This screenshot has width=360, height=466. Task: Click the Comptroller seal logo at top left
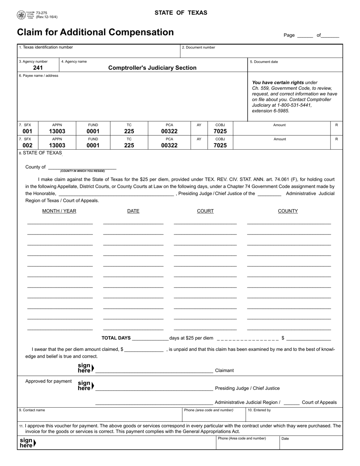pyautogui.click(x=21, y=15)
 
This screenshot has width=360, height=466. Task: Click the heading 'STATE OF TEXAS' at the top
pyautogui.click(x=181, y=13)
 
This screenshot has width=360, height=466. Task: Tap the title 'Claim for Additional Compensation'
pyautogui.click(x=95, y=33)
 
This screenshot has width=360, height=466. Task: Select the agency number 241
pyautogui.click(x=38, y=68)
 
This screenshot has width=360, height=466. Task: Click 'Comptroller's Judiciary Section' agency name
pyautogui.click(x=152, y=68)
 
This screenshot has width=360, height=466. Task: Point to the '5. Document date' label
pyautogui.click(x=264, y=62)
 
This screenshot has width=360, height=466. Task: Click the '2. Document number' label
pyautogui.click(x=199, y=47)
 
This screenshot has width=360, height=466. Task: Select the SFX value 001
pyautogui.click(x=28, y=131)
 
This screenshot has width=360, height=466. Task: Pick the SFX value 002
pyautogui.click(x=28, y=145)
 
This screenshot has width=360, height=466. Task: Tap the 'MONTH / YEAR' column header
pyautogui.click(x=59, y=211)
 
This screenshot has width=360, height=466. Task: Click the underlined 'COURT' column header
pyautogui.click(x=205, y=211)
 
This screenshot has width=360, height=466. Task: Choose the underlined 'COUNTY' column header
pyautogui.click(x=288, y=211)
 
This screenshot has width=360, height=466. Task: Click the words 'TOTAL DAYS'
pyautogui.click(x=116, y=338)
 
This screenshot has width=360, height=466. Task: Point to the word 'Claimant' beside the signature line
pyautogui.click(x=224, y=371)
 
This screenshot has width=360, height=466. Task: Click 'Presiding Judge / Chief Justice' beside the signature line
pyautogui.click(x=247, y=388)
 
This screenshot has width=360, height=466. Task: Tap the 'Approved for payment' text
pyautogui.click(x=49, y=381)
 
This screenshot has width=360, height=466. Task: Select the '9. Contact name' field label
pyautogui.click(x=32, y=410)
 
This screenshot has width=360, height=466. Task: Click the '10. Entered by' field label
pyautogui.click(x=259, y=410)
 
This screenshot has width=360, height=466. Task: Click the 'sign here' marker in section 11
pyautogui.click(x=27, y=443)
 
